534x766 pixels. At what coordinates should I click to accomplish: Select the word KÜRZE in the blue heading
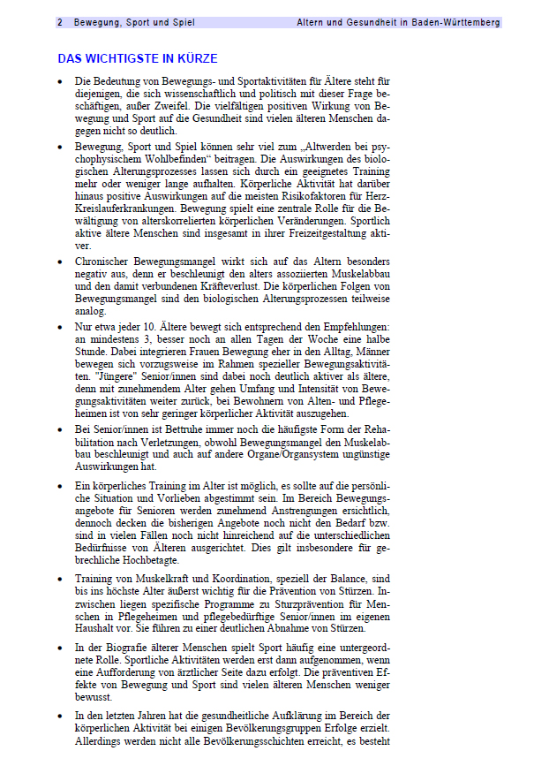click(x=196, y=59)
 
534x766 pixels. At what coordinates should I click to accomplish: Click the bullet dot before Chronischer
click(x=59, y=262)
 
